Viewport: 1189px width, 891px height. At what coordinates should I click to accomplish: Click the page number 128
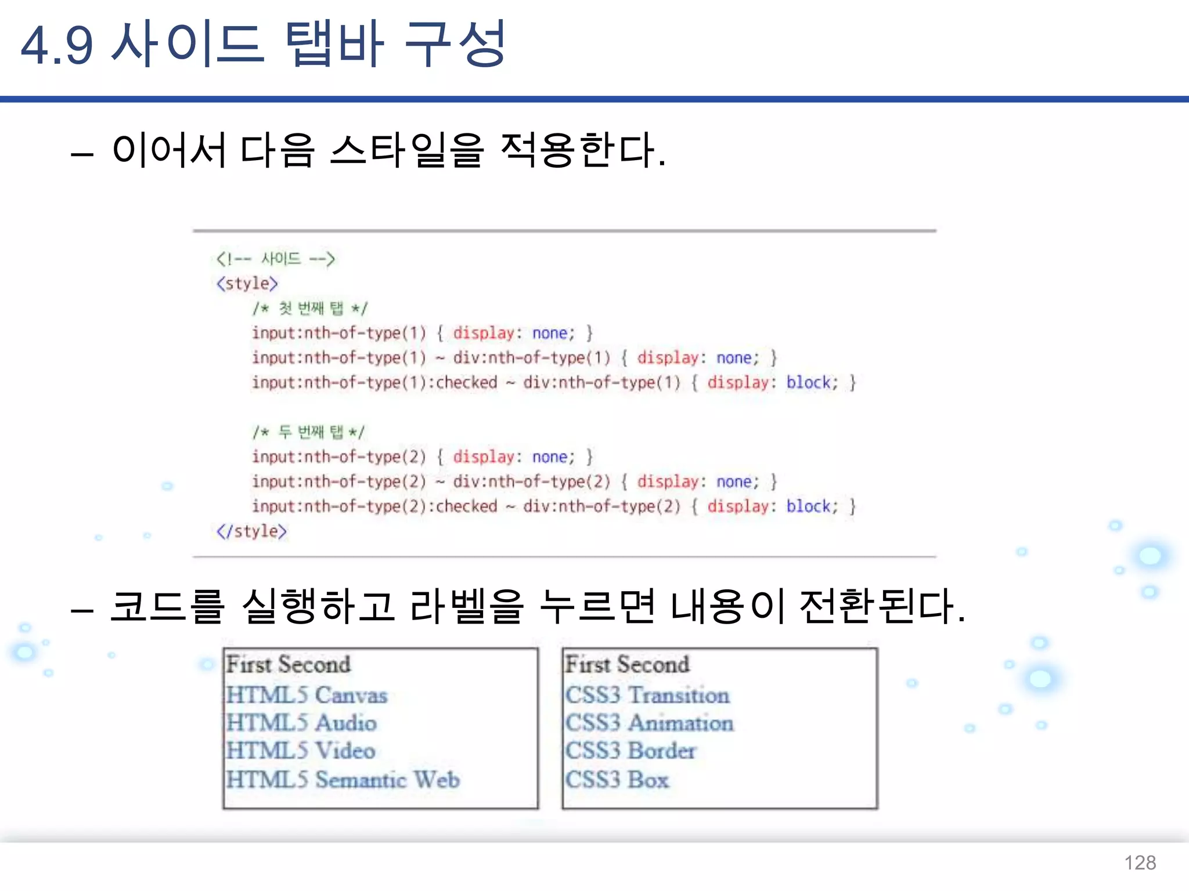point(1140,863)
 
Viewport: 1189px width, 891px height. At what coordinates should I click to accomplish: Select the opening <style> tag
point(247,284)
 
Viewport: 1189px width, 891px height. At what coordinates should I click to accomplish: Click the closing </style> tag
point(251,531)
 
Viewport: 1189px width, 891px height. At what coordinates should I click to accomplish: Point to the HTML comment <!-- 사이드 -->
point(276,259)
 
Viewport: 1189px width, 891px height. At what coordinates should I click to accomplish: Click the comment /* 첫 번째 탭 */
point(310,308)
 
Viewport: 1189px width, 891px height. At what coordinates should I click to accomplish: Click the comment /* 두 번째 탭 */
point(308,432)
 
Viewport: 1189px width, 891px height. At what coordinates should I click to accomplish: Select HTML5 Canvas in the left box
point(307,695)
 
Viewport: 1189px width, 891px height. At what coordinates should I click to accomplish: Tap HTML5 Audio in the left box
point(301,723)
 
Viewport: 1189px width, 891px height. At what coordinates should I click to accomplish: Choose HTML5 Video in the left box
point(301,751)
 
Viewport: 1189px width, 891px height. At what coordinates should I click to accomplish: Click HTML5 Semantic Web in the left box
point(343,780)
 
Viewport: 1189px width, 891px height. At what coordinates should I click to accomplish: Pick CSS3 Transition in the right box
point(647,695)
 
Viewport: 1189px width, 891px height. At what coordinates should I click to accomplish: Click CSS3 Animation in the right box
point(649,723)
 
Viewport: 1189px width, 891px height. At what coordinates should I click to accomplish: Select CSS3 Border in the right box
point(630,751)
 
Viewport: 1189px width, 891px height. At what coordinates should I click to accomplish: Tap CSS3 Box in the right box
point(617,780)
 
